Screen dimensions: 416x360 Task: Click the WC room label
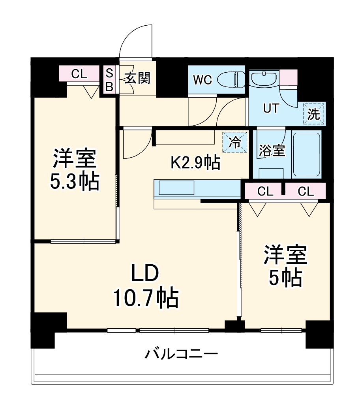(202, 80)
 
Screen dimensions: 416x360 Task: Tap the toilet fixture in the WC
(231, 79)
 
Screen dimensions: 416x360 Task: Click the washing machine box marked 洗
(313, 114)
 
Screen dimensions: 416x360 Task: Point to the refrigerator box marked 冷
(234, 142)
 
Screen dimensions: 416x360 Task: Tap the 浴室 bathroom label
(272, 151)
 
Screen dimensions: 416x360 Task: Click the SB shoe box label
(109, 80)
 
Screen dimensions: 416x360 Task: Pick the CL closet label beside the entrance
(79, 74)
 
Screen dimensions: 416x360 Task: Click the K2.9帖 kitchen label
(195, 162)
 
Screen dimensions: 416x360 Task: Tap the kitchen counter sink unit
(177, 188)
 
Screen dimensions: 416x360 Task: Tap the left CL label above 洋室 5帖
(265, 192)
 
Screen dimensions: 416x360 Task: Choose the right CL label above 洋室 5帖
(306, 192)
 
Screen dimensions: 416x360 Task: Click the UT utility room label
(271, 109)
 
